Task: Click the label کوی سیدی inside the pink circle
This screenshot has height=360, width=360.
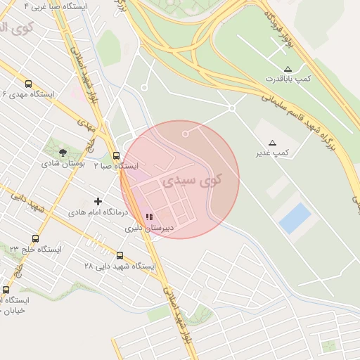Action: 191,181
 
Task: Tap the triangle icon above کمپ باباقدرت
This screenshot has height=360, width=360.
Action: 288,69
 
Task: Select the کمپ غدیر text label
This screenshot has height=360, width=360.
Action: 271,153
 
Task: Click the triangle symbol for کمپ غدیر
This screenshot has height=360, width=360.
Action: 272,143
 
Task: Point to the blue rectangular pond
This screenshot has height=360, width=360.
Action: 295,219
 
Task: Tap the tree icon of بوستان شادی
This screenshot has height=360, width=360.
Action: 63,152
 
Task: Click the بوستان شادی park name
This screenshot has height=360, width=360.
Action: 63,163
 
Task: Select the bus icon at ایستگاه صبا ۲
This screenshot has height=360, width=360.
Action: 116,156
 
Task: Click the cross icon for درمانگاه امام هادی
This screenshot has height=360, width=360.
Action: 98,202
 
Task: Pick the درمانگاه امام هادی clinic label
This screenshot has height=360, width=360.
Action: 98,212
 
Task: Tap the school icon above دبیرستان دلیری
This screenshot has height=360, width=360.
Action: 149,217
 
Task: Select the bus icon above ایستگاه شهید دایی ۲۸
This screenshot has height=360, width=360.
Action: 120,256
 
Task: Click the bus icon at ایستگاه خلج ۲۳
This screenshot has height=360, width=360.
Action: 35,239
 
